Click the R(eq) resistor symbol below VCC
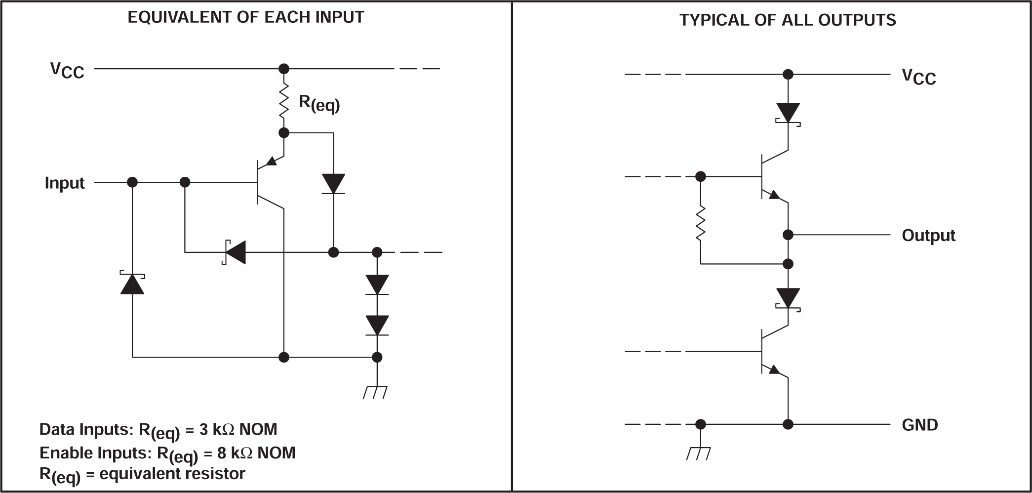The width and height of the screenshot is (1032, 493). click(284, 101)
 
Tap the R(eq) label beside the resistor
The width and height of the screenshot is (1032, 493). click(319, 103)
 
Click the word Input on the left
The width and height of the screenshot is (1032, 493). click(65, 183)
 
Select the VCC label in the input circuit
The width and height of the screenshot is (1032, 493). click(67, 70)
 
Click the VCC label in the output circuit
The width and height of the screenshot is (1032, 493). click(918, 77)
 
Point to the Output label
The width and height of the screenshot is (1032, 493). click(928, 235)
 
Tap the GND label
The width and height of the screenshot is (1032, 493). click(919, 425)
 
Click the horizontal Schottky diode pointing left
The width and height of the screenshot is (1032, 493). click(235, 252)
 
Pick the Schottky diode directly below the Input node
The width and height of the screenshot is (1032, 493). click(132, 283)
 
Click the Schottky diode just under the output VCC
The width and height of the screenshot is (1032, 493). click(788, 113)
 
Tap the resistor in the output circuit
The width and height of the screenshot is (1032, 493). click(700, 224)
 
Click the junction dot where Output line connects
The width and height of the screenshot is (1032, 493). click(788, 235)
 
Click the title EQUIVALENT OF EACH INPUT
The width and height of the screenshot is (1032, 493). click(245, 17)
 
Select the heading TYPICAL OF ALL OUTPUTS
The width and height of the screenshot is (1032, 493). click(788, 20)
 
